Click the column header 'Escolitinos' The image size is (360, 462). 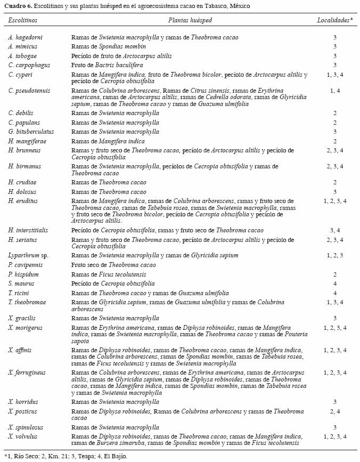coord(23,20)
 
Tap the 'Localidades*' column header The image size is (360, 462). coord(335,20)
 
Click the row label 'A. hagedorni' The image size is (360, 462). coord(26,38)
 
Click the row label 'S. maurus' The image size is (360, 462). coord(21,284)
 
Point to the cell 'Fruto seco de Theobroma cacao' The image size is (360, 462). coord(114,265)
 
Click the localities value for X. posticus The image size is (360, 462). coord(335,412)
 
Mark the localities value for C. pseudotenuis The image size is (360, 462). coord(335,91)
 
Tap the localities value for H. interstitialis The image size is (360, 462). coord(335,231)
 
